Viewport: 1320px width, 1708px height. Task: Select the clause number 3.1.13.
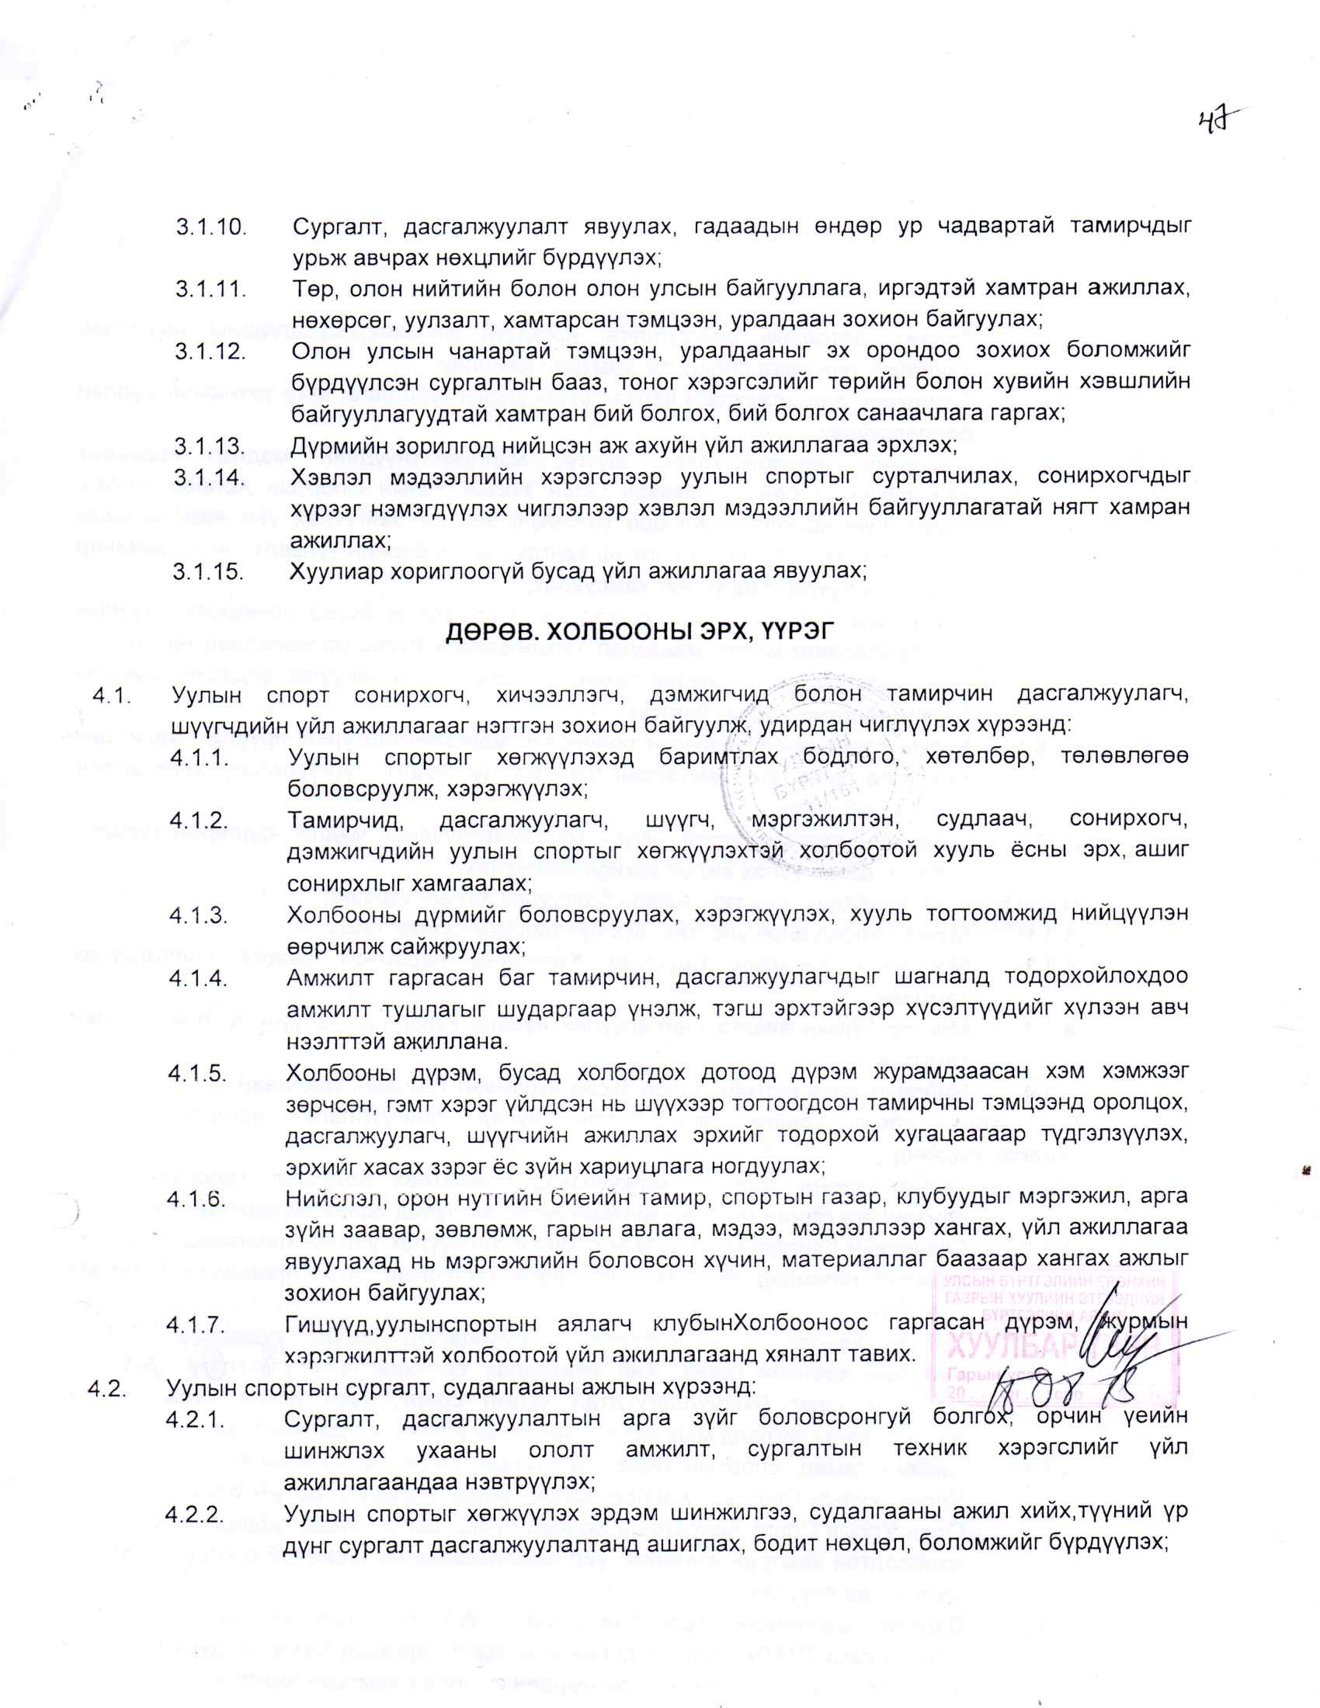click(x=210, y=446)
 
